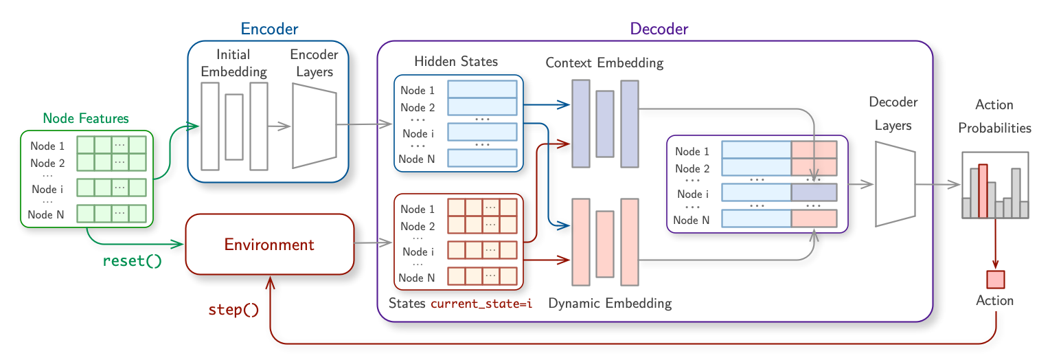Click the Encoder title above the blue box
(269, 29)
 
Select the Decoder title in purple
(659, 29)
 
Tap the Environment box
(269, 245)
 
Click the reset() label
(132, 261)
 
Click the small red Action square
(995, 280)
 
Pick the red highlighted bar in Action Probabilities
(983, 190)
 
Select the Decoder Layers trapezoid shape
(895, 183)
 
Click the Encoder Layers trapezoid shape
(314, 126)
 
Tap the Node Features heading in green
(86, 118)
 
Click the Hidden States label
(456, 61)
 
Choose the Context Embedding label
(604, 63)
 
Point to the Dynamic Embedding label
(610, 302)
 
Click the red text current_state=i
(481, 303)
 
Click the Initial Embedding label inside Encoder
(233, 63)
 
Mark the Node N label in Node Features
(46, 215)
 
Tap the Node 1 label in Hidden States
(418, 90)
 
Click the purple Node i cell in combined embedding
(814, 192)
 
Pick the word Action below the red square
(995, 300)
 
